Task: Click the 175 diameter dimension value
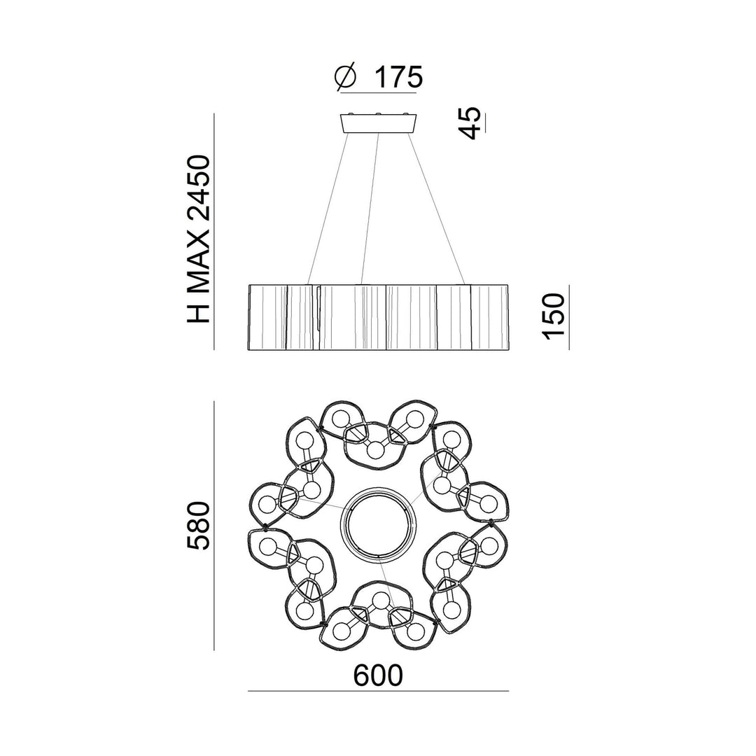399,77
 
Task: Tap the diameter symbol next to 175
346,77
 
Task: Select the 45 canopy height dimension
470,123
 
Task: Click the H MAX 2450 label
199,239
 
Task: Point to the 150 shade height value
554,316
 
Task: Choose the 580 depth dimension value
199,526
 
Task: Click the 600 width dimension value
378,676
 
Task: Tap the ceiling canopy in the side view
379,123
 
